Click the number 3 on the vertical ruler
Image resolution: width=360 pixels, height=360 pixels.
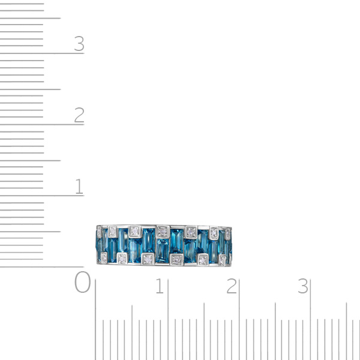click(x=79, y=43)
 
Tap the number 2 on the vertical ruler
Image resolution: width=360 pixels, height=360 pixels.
click(x=79, y=115)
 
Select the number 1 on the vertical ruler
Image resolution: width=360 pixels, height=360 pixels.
click(x=79, y=186)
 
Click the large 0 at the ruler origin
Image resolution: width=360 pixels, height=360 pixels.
click(x=82, y=282)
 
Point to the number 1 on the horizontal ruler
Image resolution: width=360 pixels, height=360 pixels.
click(x=160, y=286)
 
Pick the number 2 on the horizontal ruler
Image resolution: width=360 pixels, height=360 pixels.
click(x=232, y=286)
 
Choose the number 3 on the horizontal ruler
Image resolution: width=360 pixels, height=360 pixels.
click(x=303, y=286)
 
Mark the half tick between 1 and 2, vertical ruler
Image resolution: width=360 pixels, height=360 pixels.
click(x=31, y=160)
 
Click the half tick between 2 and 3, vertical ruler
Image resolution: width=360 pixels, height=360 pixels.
click(x=31, y=89)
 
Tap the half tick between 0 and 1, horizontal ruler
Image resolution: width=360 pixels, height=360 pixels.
click(x=132, y=332)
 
